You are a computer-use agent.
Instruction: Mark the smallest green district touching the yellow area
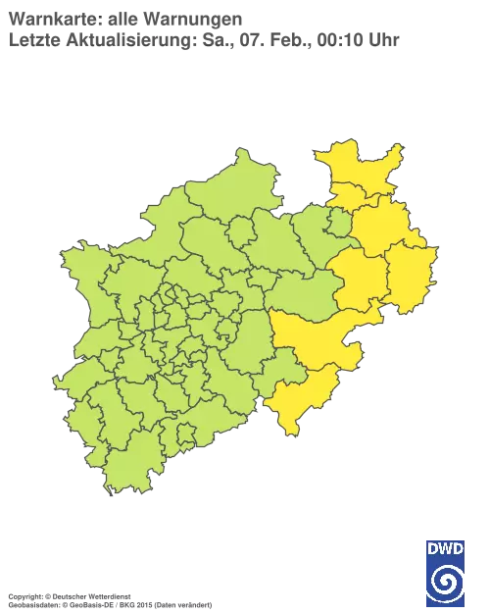pos(339,225)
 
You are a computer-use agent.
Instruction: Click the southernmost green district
pos(127,471)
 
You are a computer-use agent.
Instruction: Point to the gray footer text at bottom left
pos(108,594)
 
